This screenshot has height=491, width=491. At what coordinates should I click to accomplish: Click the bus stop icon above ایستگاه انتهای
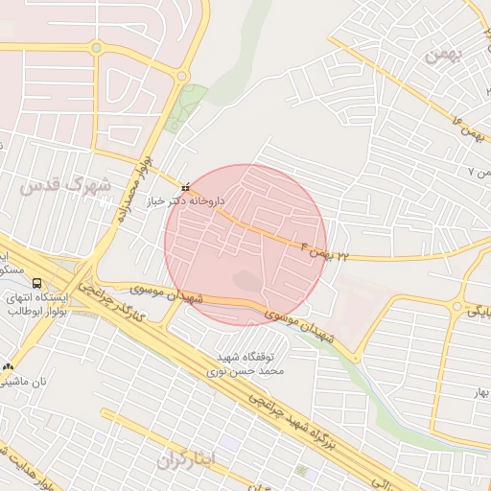click(x=36, y=283)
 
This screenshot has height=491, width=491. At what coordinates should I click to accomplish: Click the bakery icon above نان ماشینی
click(x=10, y=365)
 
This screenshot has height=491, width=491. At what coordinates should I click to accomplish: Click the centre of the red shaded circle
click(x=245, y=245)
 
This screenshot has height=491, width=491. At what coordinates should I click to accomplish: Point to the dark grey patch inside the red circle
click(x=247, y=281)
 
